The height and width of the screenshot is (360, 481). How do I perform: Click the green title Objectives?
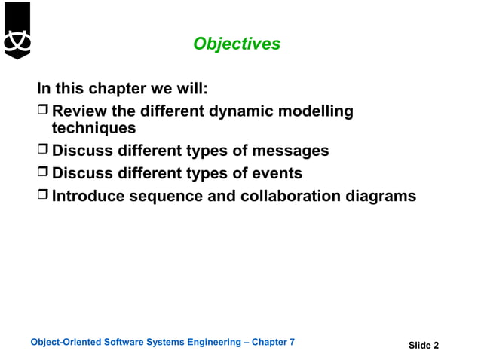point(237,44)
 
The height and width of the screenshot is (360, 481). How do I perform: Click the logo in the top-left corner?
point(17,31)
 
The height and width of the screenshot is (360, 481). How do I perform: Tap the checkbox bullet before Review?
point(43,112)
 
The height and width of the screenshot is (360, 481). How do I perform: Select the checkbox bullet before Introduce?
point(43,197)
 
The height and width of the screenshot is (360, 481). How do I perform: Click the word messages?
point(290,151)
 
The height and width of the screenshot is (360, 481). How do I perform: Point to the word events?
point(277,173)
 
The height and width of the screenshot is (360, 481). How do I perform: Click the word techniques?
point(93,128)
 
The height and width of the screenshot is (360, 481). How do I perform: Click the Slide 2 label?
point(423,346)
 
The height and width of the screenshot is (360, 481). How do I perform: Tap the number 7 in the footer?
point(292,342)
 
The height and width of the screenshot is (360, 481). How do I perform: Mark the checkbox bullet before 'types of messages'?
point(43,151)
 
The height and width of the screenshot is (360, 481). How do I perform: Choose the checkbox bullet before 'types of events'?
point(43,174)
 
